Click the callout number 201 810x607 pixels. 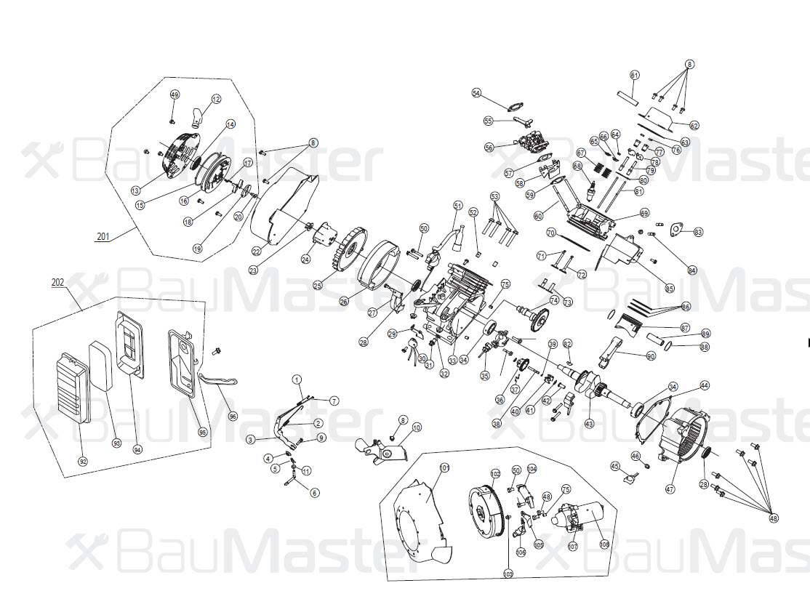[103, 236]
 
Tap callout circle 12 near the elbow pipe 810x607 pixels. [216, 99]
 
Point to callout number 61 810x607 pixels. [635, 76]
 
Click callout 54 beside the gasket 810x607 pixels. [476, 93]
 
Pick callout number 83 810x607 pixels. [699, 232]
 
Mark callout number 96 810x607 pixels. [233, 417]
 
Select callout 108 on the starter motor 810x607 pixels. [604, 543]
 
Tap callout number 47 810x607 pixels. [670, 489]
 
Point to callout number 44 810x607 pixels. [704, 385]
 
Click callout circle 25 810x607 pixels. [318, 286]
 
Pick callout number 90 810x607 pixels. [651, 355]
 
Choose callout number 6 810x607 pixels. [315, 493]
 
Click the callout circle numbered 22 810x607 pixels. [256, 252]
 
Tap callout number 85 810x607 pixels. [670, 288]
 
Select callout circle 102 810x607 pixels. [496, 474]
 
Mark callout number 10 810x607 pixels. [416, 428]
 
